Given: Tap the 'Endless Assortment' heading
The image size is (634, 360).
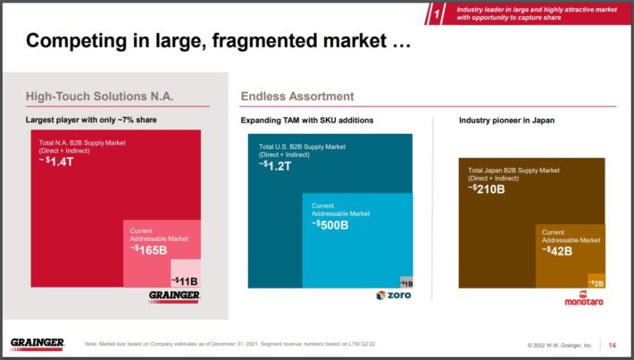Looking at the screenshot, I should pyautogui.click(x=297, y=96).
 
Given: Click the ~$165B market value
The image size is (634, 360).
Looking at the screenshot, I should pyautogui.click(x=149, y=249).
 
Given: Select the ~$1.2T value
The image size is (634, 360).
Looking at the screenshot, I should pyautogui.click(x=276, y=165).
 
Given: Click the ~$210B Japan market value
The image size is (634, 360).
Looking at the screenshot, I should pyautogui.click(x=488, y=188).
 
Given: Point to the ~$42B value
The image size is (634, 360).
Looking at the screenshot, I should pyautogui.click(x=560, y=250).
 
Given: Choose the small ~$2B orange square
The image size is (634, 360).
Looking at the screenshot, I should pyautogui.click(x=596, y=281).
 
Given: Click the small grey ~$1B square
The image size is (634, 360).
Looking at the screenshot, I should pyautogui.click(x=406, y=282).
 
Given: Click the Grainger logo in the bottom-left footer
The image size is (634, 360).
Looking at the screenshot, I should pyautogui.click(x=38, y=344).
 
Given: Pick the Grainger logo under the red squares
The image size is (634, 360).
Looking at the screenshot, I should pyautogui.click(x=174, y=296).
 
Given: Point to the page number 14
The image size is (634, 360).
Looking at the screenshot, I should pyautogui.click(x=612, y=345).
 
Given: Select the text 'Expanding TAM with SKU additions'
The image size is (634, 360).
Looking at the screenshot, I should pyautogui.click(x=307, y=120).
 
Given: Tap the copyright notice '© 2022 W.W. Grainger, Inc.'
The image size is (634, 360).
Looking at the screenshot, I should pyautogui.click(x=560, y=345).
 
